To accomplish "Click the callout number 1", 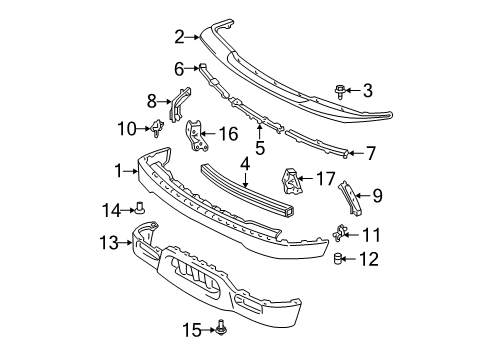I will tap(119, 171).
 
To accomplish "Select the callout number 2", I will tap(179, 38).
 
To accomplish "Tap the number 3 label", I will tap(368, 90).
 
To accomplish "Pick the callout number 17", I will tap(326, 180).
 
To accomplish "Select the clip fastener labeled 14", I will tap(142, 209).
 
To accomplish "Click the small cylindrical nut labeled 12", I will tap(339, 260).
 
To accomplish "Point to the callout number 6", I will tap(179, 68).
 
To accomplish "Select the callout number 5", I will tap(258, 149).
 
